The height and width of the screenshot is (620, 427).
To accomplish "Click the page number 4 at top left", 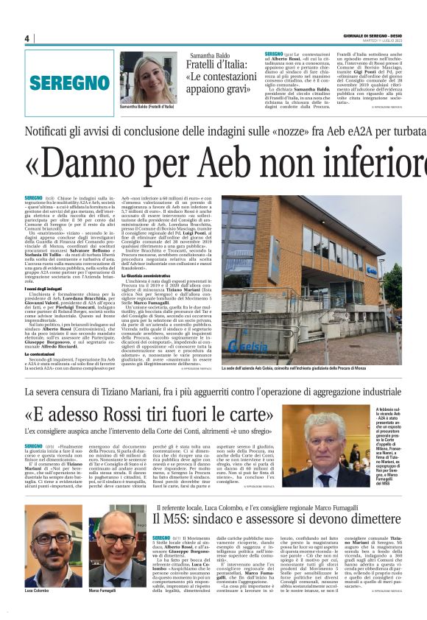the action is point(27,38).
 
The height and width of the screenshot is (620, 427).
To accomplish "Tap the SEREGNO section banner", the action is point(70,82).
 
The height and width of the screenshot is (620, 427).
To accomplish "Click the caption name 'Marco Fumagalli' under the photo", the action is point(104,591).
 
